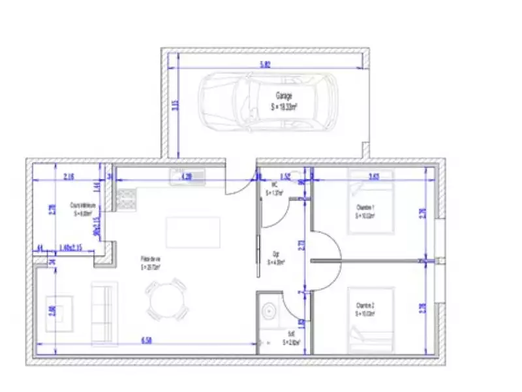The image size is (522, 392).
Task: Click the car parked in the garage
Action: coord(268,101)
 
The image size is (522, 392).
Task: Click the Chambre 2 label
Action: coord(365,309)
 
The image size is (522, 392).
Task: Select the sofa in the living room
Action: coord(102,314)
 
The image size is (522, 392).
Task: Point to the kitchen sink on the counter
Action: coord(187,176)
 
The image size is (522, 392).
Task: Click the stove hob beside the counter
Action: coord(126,199)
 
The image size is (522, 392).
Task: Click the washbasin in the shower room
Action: coord(267,310)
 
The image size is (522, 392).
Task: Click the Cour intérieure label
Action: coord(84,208)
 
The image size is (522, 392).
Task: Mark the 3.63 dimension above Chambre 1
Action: coord(375,176)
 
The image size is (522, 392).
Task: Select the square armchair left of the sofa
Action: coord(59,313)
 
